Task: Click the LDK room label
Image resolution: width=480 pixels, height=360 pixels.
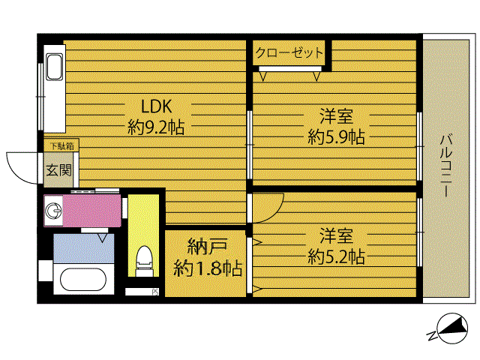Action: click(x=156, y=106)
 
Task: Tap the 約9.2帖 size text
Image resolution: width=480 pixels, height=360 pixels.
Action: click(x=156, y=127)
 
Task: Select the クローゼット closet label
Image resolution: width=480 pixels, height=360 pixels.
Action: click(x=289, y=52)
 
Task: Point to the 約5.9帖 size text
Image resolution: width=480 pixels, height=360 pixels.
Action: click(x=336, y=136)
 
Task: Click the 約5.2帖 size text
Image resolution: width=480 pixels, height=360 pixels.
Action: click(x=336, y=256)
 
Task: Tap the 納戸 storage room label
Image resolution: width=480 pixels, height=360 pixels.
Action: click(x=207, y=247)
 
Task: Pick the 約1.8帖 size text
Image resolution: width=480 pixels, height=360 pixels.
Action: click(x=208, y=268)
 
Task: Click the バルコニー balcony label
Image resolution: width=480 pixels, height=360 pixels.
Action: click(x=447, y=165)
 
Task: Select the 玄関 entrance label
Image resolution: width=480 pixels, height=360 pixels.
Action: click(x=58, y=170)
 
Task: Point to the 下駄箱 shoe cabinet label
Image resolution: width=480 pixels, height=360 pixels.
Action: click(x=61, y=146)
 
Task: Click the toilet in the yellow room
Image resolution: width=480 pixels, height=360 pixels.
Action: click(x=144, y=261)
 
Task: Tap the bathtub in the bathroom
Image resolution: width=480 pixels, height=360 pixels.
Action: click(x=83, y=279)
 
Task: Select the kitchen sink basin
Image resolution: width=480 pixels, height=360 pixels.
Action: click(x=55, y=67)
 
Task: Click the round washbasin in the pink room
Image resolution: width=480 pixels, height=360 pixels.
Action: click(x=53, y=211)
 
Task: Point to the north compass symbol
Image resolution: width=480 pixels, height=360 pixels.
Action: click(x=451, y=328)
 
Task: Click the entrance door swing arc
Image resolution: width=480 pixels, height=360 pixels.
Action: click(x=15, y=173)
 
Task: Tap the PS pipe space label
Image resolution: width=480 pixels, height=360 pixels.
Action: click(x=155, y=292)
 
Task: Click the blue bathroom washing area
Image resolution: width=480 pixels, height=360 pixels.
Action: click(x=83, y=248)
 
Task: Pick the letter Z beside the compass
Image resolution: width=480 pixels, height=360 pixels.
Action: click(x=432, y=336)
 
